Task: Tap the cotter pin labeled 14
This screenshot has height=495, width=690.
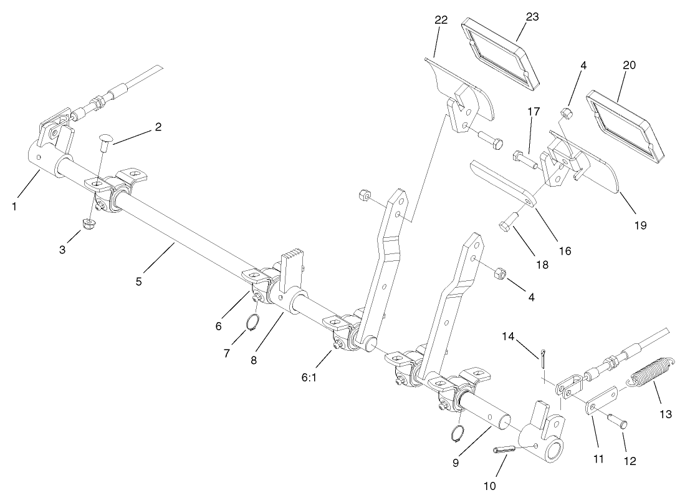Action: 544,360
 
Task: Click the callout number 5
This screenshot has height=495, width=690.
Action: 138,282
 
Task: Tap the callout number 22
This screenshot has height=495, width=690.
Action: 441,20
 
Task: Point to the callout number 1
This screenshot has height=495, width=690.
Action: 14,207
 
